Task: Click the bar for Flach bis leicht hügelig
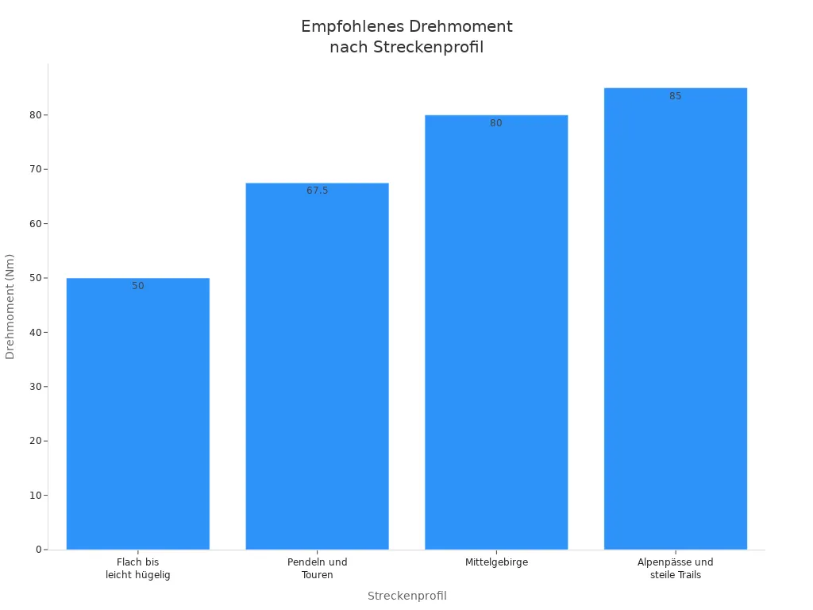(x=138, y=414)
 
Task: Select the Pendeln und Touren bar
(x=318, y=366)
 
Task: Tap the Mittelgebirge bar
(x=496, y=333)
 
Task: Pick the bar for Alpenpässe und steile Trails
(x=676, y=319)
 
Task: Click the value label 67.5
(x=318, y=191)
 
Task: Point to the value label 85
(x=675, y=96)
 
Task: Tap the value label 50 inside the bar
(x=138, y=286)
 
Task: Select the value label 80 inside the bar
(x=496, y=123)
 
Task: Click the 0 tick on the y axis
(x=39, y=550)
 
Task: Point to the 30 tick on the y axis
(x=36, y=387)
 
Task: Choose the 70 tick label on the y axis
(x=36, y=170)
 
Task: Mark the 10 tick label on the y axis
(x=36, y=496)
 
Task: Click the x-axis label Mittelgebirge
(x=496, y=562)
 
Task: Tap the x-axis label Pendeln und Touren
(x=318, y=569)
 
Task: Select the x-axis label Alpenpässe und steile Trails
(x=676, y=569)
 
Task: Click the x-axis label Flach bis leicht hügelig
(x=138, y=569)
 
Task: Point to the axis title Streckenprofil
(x=407, y=596)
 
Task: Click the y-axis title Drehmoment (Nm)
(x=10, y=307)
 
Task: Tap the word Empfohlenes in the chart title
(x=353, y=26)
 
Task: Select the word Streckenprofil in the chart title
(x=428, y=47)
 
